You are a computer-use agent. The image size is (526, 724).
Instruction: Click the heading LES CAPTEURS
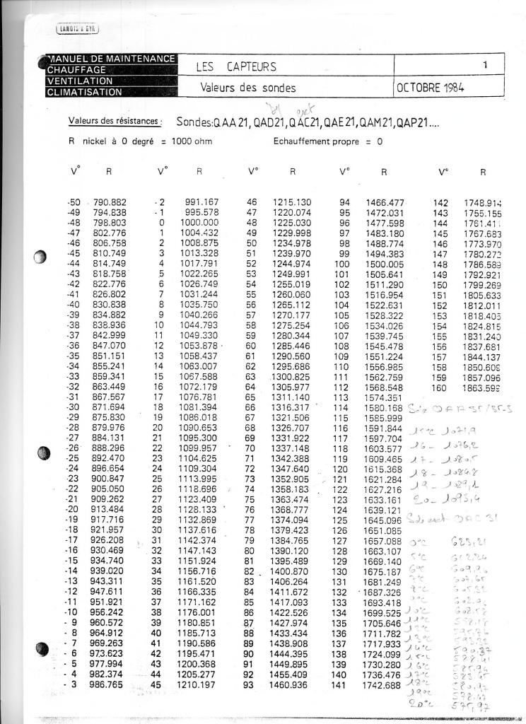pos(236,67)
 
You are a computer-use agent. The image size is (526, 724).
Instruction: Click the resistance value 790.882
pos(110,202)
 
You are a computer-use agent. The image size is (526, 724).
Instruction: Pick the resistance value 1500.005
pos(384,263)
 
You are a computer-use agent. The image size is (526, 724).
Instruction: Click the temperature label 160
pos(440,387)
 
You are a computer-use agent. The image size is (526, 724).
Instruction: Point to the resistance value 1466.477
pos(385,202)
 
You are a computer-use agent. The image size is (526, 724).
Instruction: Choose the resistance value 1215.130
pos(292,202)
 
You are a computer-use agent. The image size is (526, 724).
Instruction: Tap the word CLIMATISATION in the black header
pos(85,92)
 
